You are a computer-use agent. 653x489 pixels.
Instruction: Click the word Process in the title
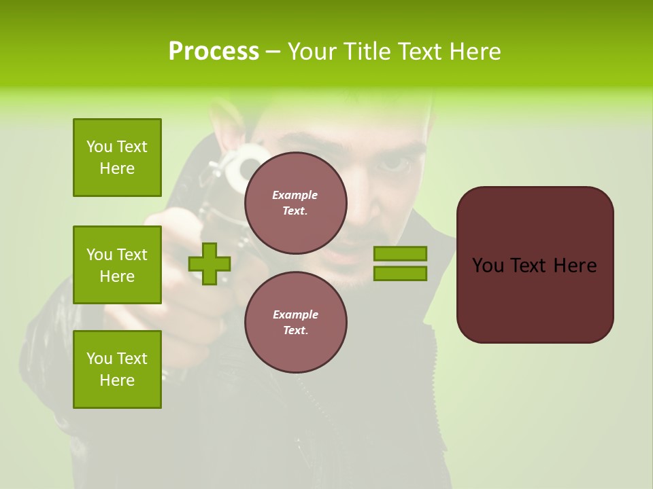pyautogui.click(x=214, y=52)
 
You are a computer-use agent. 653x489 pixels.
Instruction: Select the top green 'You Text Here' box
pyautogui.click(x=117, y=158)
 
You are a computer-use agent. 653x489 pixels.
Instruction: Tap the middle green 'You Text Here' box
pyautogui.click(x=117, y=265)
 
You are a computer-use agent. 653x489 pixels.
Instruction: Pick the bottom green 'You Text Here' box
pyautogui.click(x=117, y=369)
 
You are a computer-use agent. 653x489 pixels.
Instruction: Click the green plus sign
pyautogui.click(x=210, y=264)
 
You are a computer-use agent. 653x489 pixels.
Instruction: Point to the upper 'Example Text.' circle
pyautogui.click(x=295, y=202)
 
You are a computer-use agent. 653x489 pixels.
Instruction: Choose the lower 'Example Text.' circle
pyautogui.click(x=295, y=322)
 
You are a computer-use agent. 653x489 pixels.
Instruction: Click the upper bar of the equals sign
pyautogui.click(x=400, y=254)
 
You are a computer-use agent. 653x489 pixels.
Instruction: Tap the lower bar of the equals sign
pyautogui.click(x=400, y=274)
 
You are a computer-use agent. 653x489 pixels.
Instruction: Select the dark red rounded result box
pyautogui.click(x=535, y=265)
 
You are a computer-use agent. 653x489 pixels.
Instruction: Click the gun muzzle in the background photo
pyautogui.click(x=243, y=163)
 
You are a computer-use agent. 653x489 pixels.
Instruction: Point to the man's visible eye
pyautogui.click(x=395, y=163)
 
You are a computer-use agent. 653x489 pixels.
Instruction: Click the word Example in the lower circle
pyautogui.click(x=295, y=314)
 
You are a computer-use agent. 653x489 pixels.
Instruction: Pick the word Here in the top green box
pyautogui.click(x=117, y=168)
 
